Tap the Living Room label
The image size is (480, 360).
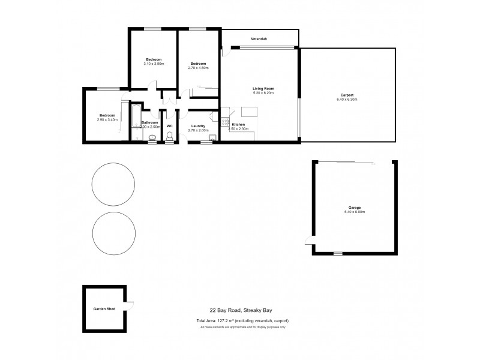[263, 89]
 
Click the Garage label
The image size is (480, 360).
[355, 207]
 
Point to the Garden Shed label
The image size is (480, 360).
[104, 309]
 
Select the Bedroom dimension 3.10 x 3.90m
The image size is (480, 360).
[154, 64]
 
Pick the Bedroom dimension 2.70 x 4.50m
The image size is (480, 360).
[198, 68]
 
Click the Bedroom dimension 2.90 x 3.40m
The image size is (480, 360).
[107, 119]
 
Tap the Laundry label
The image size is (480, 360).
[198, 126]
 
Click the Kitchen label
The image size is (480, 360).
[238, 124]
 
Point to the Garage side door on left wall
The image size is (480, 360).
[308, 241]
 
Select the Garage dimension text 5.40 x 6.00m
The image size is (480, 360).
[355, 212]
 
